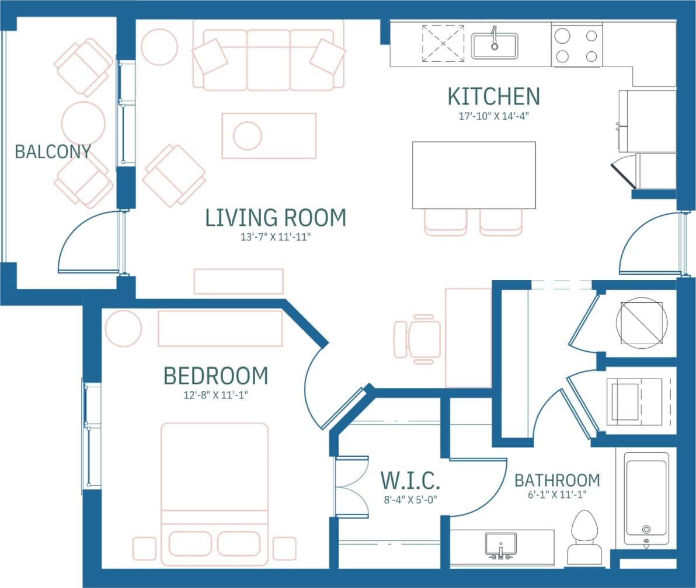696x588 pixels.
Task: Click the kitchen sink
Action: pyautogui.click(x=495, y=45)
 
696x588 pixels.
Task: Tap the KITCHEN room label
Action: pyautogui.click(x=493, y=96)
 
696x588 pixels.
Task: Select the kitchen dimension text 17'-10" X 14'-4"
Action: pyautogui.click(x=493, y=116)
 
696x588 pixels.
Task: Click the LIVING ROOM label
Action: pyautogui.click(x=276, y=218)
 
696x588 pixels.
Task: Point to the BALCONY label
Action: pyautogui.click(x=53, y=152)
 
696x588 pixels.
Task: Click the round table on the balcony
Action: pyautogui.click(x=83, y=123)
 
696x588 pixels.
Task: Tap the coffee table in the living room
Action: pyautogui.click(x=269, y=136)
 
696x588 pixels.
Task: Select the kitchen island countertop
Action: pyautogui.click(x=474, y=175)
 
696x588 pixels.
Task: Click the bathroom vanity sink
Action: pyautogui.click(x=500, y=545)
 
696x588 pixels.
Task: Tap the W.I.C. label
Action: pyautogui.click(x=410, y=481)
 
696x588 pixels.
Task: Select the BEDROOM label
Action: pyautogui.click(x=215, y=376)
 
